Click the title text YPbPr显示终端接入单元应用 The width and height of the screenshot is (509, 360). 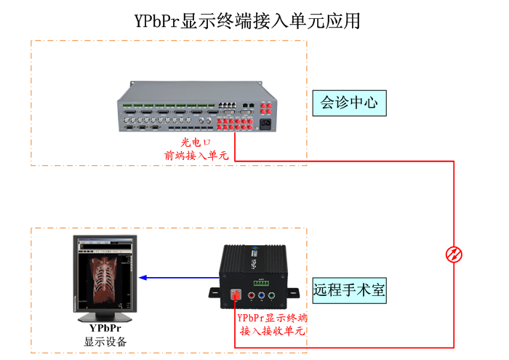tap(247, 20)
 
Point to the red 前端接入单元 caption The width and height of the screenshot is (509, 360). tap(196, 155)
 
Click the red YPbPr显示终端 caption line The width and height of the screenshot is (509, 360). tap(272, 319)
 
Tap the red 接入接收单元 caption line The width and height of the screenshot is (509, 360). tap(272, 331)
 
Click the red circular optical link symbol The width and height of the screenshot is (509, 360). tap(454, 254)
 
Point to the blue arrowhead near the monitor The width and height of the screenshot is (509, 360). tap(143, 277)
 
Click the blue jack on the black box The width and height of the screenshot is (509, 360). tap(261, 296)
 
